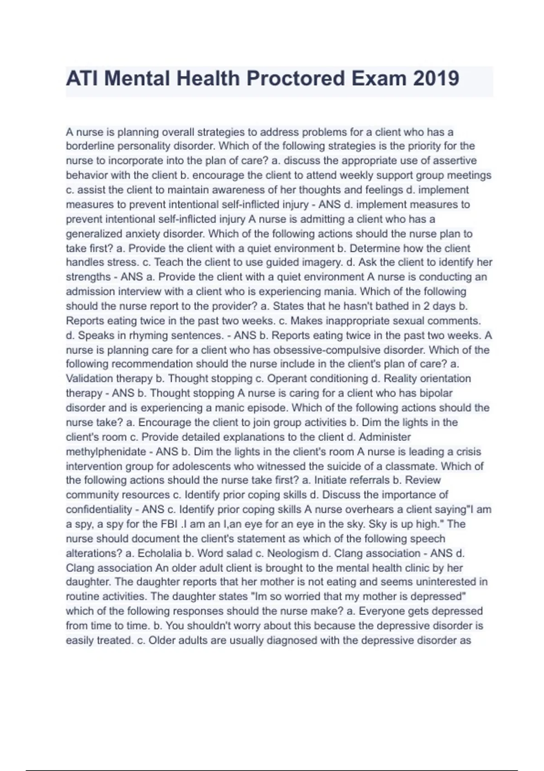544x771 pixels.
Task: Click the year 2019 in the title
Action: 436,78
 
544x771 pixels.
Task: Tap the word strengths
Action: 88,277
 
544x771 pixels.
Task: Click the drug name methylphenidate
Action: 106,452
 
